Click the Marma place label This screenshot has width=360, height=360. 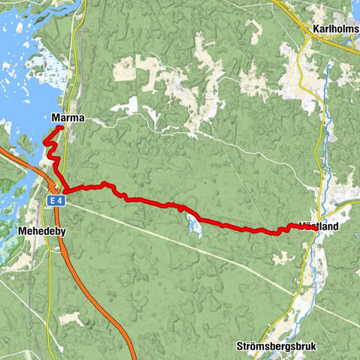click(x=68, y=118)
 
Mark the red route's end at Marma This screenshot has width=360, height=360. click(x=59, y=127)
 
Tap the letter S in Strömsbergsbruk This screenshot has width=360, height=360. click(x=239, y=346)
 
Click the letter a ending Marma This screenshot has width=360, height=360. click(x=81, y=118)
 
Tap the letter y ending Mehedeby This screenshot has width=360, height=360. click(x=63, y=232)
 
